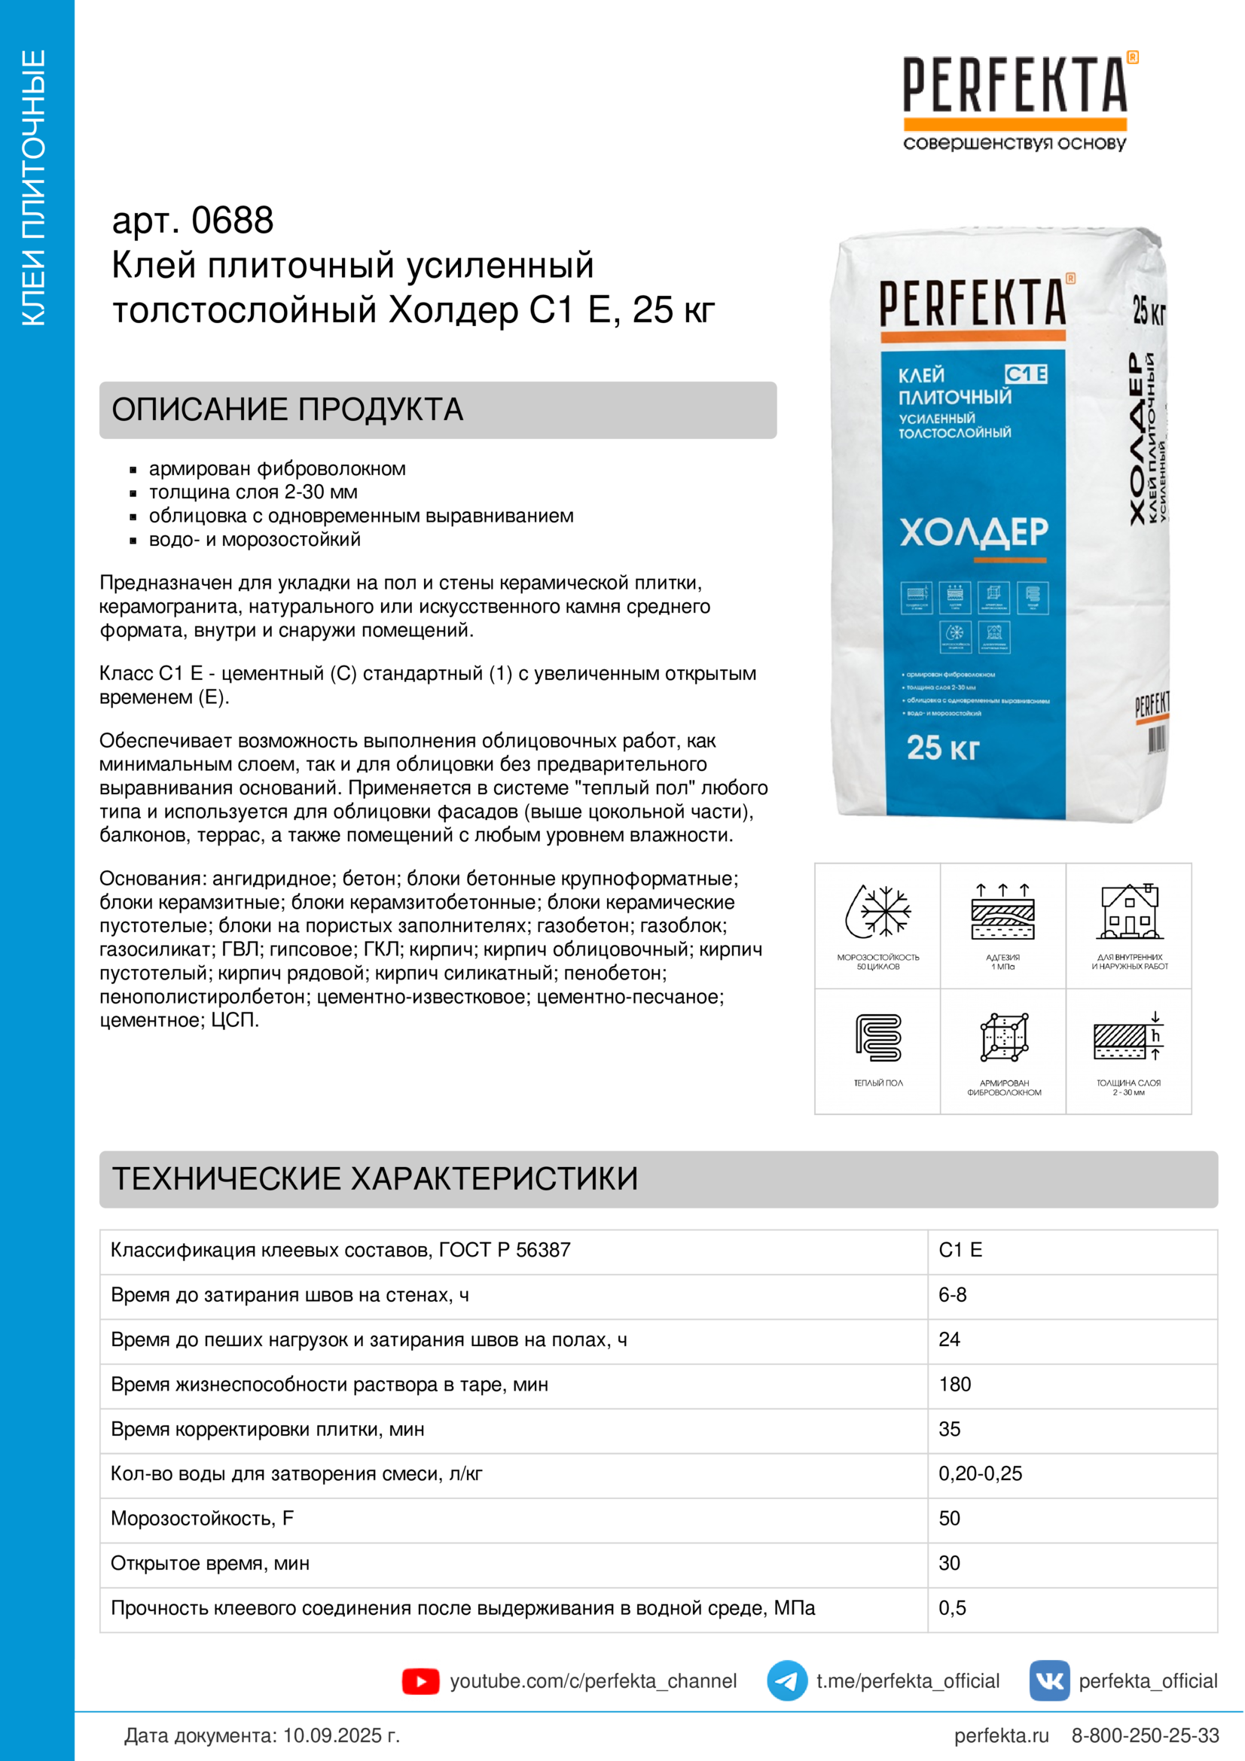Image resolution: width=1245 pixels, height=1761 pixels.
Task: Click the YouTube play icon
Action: [420, 1681]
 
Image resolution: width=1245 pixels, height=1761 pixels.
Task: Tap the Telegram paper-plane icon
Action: [786, 1681]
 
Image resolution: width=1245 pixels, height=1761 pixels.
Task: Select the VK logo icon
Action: [1049, 1681]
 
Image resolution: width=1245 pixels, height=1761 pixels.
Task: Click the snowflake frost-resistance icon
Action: [878, 912]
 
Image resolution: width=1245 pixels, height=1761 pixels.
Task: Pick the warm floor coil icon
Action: [878, 1037]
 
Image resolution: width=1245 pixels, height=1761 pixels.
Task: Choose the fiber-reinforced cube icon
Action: [1004, 1037]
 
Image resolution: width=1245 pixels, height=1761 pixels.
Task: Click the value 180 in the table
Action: [955, 1385]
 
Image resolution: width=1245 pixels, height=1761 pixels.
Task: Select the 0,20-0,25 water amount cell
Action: [981, 1473]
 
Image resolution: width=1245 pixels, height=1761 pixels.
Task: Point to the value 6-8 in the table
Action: [953, 1295]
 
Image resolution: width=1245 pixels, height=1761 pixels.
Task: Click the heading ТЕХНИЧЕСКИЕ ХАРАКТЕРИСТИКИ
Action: [375, 1179]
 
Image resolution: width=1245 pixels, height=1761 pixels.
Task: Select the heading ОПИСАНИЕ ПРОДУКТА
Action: [288, 410]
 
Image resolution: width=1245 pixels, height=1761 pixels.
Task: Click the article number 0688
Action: [233, 221]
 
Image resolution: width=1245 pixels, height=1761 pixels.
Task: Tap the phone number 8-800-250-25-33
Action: [1145, 1735]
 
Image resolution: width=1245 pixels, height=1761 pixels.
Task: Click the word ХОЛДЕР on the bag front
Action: [973, 531]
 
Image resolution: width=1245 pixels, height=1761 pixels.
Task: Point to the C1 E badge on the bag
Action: [1026, 374]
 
